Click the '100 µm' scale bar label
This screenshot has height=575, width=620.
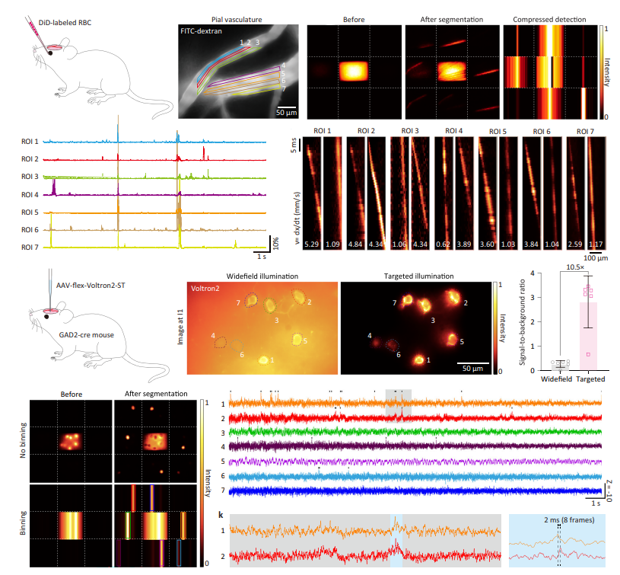click(x=595, y=259)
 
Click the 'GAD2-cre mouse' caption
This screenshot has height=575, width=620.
click(x=95, y=355)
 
